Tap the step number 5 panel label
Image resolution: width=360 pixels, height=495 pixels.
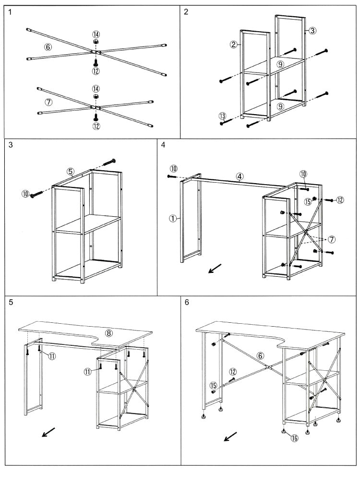click(11, 303)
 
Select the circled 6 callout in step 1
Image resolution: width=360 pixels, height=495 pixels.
click(48, 47)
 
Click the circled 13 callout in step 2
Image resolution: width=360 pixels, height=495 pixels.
click(222, 116)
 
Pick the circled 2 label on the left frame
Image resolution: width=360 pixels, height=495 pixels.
click(234, 45)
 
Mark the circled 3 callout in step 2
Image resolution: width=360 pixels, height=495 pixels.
click(312, 31)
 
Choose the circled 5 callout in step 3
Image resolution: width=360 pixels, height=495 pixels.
click(71, 171)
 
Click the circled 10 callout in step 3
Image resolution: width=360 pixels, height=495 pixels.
click(25, 194)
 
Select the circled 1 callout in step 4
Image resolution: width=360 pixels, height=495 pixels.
click(172, 218)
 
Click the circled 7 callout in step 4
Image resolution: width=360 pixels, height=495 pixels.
click(331, 239)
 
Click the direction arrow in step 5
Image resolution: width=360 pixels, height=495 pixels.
click(48, 432)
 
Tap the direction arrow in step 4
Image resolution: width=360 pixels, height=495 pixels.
click(215, 269)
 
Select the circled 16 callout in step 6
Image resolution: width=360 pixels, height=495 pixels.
click(294, 437)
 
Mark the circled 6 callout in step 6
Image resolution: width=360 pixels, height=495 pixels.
click(260, 356)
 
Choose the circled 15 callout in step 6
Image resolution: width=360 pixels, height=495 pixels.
click(213, 385)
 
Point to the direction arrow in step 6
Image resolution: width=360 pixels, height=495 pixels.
click(230, 436)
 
